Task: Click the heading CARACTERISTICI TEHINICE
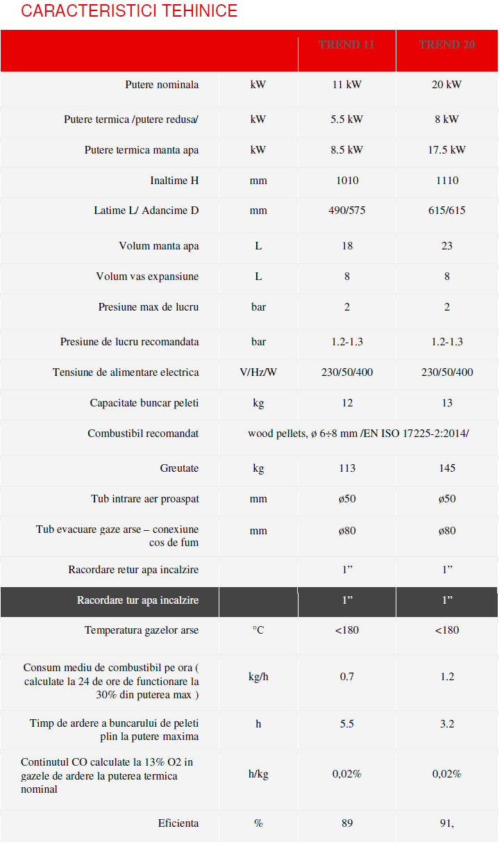coord(130,11)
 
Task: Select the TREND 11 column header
coord(347,44)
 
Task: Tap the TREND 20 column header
coord(447,44)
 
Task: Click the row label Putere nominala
coord(162,85)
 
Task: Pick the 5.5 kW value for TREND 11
coord(347,120)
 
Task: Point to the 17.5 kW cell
coord(447,150)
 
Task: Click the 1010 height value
coord(347,181)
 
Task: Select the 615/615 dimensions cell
coord(447,211)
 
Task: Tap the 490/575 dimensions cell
coord(347,211)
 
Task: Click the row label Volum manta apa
coord(159,246)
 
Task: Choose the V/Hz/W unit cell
coord(258,372)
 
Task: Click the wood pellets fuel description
coord(358,434)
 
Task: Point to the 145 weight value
coord(447,468)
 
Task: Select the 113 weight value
coord(347,468)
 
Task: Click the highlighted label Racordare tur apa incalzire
coord(137,600)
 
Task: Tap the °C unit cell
coord(258,630)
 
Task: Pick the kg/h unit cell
coord(258,677)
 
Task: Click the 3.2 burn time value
coord(447,724)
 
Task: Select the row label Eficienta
coord(178,823)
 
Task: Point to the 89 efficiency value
coord(347,823)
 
